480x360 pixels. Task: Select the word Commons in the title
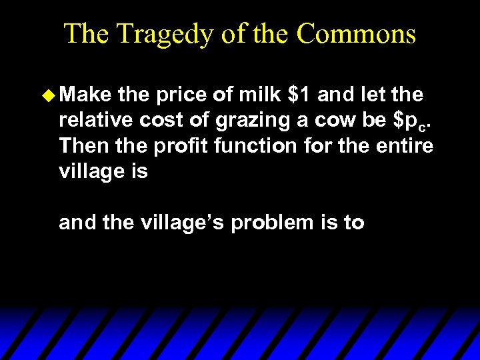click(356, 34)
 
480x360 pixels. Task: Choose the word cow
click(332, 121)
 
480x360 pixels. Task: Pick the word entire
click(402, 146)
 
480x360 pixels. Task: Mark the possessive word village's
click(179, 223)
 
